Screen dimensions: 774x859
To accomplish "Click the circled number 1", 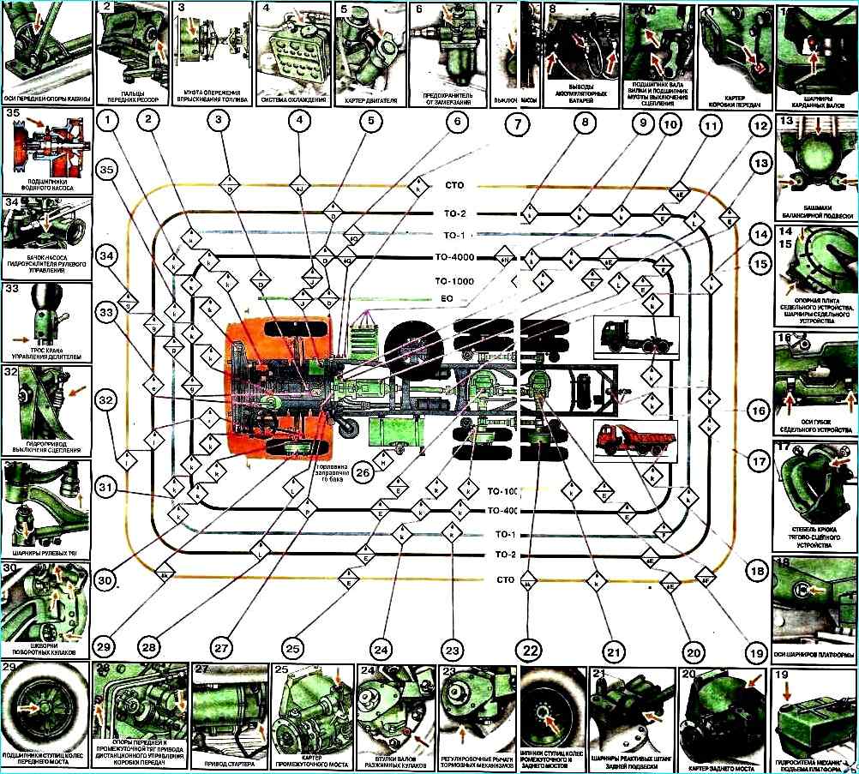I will coord(106,122).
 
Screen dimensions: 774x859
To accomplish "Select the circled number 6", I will coord(458,122).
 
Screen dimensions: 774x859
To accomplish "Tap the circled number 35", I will coord(106,171).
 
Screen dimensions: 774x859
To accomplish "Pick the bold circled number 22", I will coord(532,649).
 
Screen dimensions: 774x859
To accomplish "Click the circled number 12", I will coord(757,123).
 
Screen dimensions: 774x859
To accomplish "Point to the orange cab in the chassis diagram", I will coord(279,386).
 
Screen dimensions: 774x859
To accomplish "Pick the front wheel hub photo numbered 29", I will coord(45,710).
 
